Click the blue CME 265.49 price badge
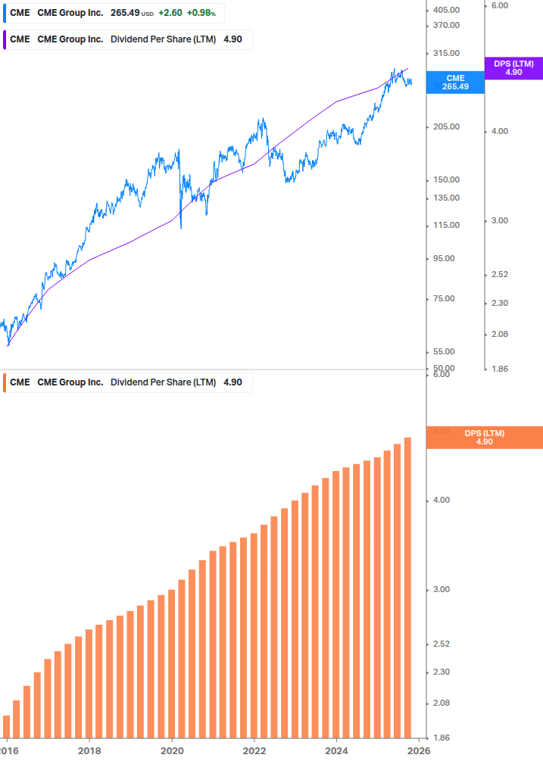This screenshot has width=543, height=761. point(455,83)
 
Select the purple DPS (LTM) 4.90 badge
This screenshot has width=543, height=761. point(513,68)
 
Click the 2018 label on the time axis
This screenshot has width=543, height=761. point(89,750)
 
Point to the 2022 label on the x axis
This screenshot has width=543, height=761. point(254,750)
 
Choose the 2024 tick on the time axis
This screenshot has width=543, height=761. point(336,750)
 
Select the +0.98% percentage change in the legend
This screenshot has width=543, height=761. point(201,14)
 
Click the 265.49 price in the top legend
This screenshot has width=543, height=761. point(125,14)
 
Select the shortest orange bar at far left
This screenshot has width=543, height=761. point(6,727)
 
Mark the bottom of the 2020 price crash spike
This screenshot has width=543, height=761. point(180,228)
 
